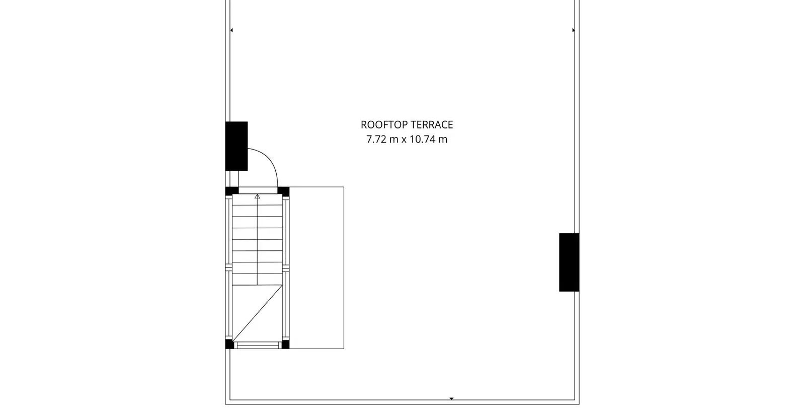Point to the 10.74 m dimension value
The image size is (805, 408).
point(428,139)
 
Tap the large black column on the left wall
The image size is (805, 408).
point(236,146)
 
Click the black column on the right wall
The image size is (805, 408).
point(569,262)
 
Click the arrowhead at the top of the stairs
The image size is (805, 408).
point(257,196)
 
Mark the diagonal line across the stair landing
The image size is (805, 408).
point(257,313)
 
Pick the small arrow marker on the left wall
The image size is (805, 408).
point(231,30)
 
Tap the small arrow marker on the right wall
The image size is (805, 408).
point(574,30)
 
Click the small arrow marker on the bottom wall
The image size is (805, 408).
point(452,398)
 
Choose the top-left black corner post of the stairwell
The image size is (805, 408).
point(232,191)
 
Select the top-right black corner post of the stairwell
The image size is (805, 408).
point(284,191)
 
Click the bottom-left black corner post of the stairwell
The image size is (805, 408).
point(229,344)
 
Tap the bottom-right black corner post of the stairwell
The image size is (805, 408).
point(285,344)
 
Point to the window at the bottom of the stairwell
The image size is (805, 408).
point(258,346)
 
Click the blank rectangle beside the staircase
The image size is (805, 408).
point(316,267)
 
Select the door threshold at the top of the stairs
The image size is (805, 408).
point(258,190)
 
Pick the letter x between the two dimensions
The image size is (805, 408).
point(404,140)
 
